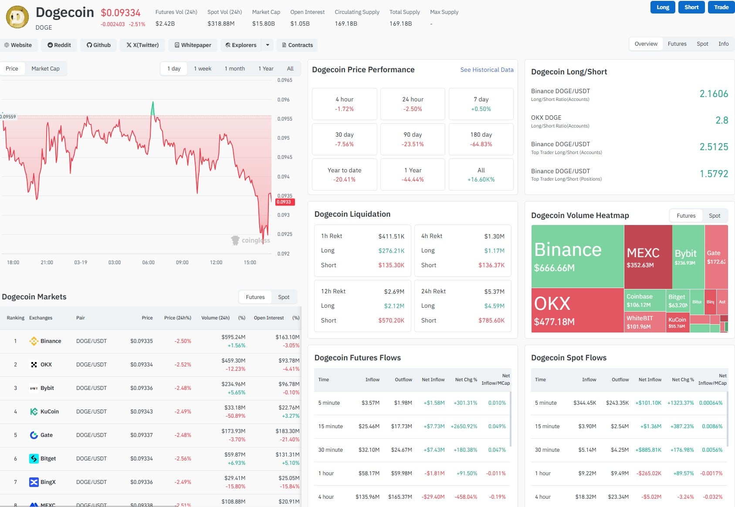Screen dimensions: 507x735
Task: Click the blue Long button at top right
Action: point(662,7)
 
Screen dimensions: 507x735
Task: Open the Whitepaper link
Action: point(193,45)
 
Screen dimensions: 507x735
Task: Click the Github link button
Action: point(98,45)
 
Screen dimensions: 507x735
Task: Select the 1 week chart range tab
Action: point(203,68)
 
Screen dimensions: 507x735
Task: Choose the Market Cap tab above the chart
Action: point(45,68)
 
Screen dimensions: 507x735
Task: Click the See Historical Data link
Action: point(487,70)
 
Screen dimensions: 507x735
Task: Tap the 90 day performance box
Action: point(413,139)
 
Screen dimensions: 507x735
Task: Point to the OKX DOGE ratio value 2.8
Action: point(721,120)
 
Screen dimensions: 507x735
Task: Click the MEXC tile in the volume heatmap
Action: point(647,257)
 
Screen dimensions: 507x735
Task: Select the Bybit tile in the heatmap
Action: point(687,257)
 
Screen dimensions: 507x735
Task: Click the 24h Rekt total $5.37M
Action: point(494,292)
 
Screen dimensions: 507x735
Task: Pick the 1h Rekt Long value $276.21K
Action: point(391,251)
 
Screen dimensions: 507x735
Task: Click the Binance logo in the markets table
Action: point(34,341)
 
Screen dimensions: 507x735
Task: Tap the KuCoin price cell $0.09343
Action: point(141,412)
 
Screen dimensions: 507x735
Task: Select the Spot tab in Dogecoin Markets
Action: point(284,297)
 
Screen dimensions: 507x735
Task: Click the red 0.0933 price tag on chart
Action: point(285,202)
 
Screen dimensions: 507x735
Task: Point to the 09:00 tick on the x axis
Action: point(182,262)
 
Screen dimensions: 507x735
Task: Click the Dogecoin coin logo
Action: point(17,17)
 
